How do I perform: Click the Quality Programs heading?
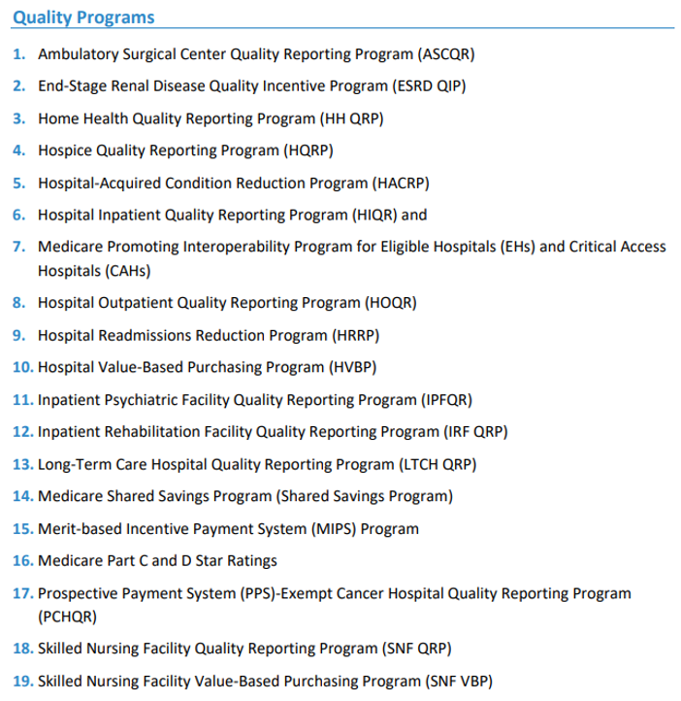click(83, 17)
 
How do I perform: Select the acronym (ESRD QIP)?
click(429, 85)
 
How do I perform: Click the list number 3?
click(19, 118)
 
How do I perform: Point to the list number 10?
click(21, 367)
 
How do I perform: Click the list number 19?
click(21, 681)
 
